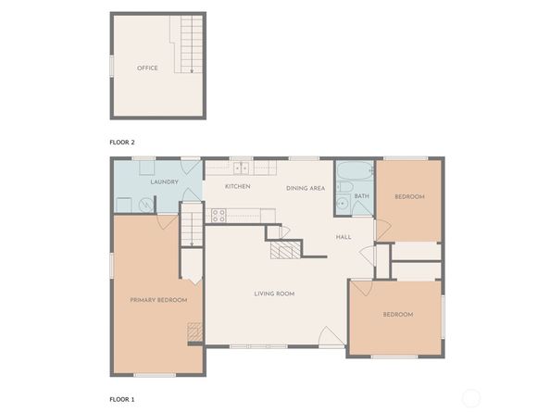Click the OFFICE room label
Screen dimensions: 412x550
(x=147, y=69)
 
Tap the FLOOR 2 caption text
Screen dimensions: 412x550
(x=122, y=144)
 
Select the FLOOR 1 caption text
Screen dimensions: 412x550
(x=122, y=399)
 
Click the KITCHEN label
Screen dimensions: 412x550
(x=238, y=187)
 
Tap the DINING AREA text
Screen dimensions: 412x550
(x=305, y=188)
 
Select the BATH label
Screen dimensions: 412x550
(x=361, y=196)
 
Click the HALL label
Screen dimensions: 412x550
(x=344, y=237)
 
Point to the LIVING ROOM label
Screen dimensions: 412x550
(x=274, y=293)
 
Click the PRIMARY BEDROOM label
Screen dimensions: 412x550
(x=158, y=300)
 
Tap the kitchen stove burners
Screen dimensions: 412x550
(x=219, y=215)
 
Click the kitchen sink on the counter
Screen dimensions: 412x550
(x=241, y=168)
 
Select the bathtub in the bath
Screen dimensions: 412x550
(x=354, y=171)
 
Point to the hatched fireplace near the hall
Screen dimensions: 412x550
(x=285, y=250)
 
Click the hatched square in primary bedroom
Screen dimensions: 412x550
(x=194, y=331)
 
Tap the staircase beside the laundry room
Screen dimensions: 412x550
(x=191, y=227)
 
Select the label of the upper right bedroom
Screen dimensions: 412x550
(x=409, y=197)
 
